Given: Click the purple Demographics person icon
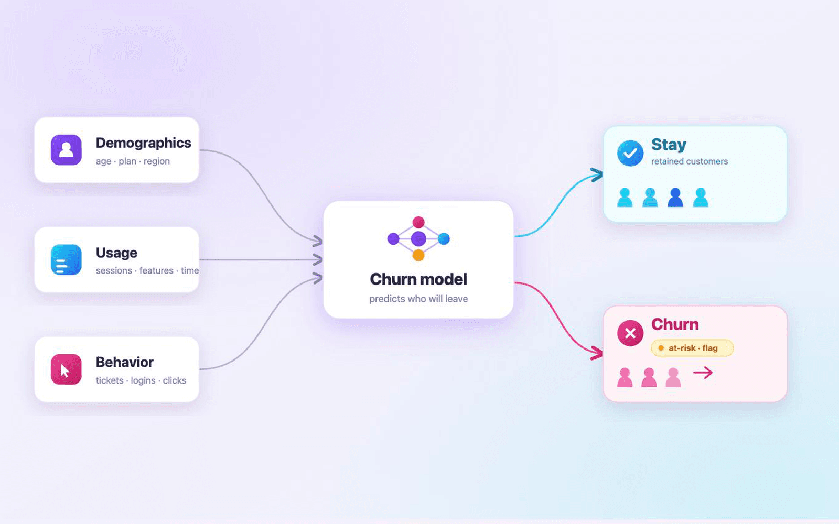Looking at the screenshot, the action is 66,150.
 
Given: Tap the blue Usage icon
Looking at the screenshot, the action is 66,259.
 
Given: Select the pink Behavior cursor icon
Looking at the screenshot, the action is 66,369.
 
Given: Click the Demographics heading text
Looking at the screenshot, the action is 144,143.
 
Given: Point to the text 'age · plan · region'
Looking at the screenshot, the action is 133,161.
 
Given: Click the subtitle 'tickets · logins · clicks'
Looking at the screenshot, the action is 141,380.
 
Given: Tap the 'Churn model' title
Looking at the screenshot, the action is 418,279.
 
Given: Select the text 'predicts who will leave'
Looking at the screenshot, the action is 418,299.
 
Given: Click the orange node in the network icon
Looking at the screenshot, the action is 418,255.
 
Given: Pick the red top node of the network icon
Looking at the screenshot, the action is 418,222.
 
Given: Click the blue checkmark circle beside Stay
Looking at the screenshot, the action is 630,153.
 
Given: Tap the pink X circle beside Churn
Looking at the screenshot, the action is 630,333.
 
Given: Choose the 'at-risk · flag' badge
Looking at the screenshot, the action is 692,348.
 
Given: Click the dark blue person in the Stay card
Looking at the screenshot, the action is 675,198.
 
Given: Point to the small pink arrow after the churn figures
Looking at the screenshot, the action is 703,373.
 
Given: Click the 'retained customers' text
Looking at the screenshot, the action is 690,161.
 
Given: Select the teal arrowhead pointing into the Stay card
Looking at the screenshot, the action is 597,175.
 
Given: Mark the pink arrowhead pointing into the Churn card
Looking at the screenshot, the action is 597,353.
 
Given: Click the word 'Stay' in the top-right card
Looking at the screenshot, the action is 669,145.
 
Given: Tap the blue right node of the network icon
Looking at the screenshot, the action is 444,238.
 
